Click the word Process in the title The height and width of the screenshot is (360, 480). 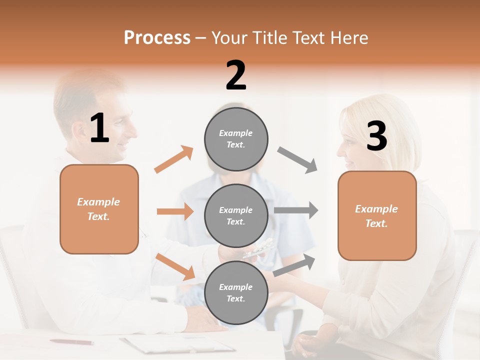click(157, 38)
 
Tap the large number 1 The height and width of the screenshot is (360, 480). click(99, 128)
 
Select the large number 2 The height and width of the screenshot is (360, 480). click(236, 75)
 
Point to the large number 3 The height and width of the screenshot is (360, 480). click(376, 136)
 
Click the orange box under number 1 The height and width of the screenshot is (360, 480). click(99, 209)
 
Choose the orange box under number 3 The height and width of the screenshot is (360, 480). click(377, 215)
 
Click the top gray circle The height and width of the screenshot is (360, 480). click(236, 139)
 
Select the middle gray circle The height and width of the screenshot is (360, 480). click(236, 215)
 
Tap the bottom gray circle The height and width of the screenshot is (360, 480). click(236, 292)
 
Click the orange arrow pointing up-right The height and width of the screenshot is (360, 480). click(174, 159)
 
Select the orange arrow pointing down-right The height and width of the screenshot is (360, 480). click(175, 266)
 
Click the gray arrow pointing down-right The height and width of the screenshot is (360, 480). click(297, 160)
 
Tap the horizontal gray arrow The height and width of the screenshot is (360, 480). click(296, 210)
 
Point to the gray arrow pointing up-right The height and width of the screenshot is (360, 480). click(294, 265)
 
